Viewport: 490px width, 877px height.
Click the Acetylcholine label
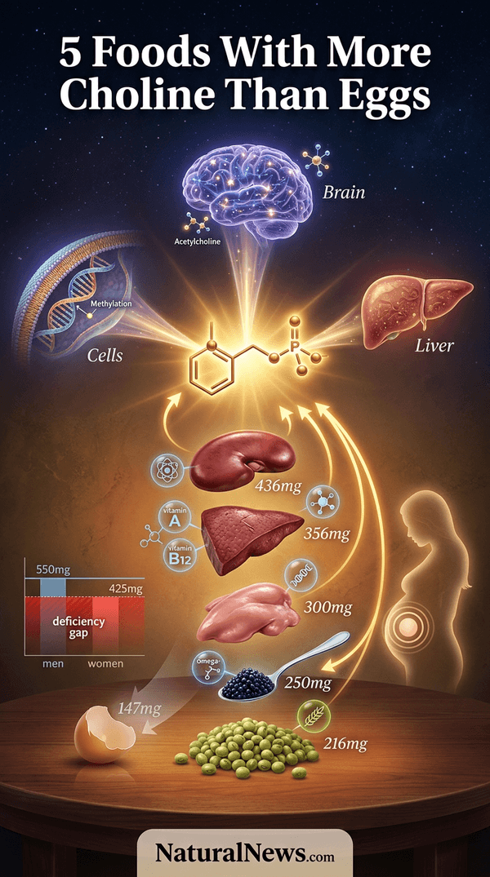coord(197,241)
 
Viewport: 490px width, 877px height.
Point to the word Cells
coord(105,355)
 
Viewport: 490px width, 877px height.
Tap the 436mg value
coord(278,485)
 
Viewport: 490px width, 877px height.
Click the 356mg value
coord(327,534)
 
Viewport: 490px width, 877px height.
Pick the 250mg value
coord(308,683)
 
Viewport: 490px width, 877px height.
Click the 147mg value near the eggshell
coord(139,709)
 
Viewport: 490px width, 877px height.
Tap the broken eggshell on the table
coord(105,733)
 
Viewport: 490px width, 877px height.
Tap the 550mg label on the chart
coord(53,570)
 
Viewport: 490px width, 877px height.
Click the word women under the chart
coord(105,664)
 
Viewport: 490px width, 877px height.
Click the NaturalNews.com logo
coord(245,853)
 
